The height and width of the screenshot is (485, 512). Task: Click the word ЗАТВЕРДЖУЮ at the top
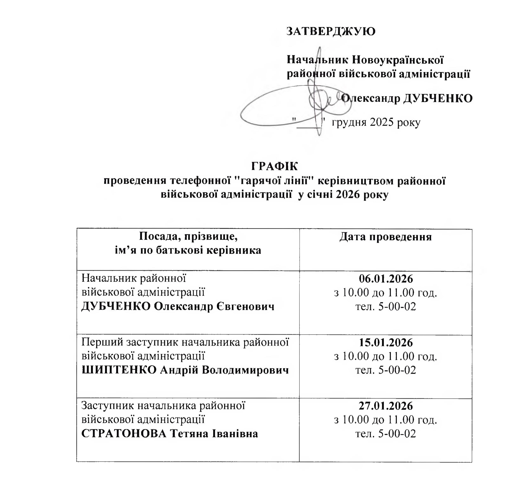pyautogui.click(x=331, y=32)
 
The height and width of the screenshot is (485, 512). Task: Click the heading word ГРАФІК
pyautogui.click(x=274, y=166)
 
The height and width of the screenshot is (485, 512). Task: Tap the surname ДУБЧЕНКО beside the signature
pyautogui.click(x=438, y=98)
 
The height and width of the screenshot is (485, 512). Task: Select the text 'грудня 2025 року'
pyautogui.click(x=376, y=122)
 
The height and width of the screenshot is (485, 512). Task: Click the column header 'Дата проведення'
pyautogui.click(x=385, y=237)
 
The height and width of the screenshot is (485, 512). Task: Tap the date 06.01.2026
pyautogui.click(x=386, y=279)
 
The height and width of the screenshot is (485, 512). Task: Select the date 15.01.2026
pyautogui.click(x=386, y=343)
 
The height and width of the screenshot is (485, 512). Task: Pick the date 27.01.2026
pyautogui.click(x=386, y=406)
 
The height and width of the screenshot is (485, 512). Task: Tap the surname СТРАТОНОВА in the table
pyautogui.click(x=124, y=434)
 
